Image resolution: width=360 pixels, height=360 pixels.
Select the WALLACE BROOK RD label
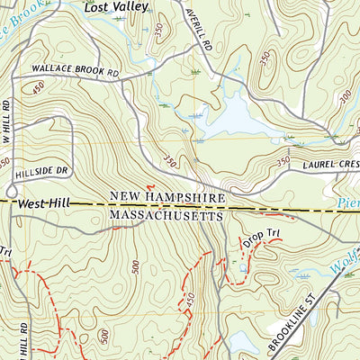coord(76,69)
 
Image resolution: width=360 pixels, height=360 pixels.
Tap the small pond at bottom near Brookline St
coord(241,342)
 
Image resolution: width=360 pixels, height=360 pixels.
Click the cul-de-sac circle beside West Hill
coord(12,191)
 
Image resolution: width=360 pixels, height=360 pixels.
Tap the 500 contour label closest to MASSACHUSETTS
coord(135,266)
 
